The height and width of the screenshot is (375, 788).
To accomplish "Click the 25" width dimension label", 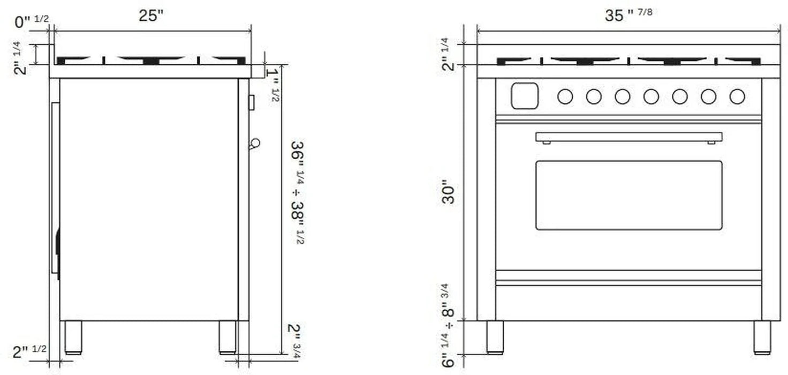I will point(150,16).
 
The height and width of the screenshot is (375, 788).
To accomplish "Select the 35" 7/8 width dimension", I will point(628,14).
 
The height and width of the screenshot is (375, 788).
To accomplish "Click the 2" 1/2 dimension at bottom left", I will point(29,351).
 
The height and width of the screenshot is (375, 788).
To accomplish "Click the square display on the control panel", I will point(525,96).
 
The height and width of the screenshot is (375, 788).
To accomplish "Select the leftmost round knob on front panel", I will point(565,96).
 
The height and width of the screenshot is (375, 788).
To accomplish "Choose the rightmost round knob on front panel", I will point(737,96).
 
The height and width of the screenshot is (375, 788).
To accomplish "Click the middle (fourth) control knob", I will point(651,96).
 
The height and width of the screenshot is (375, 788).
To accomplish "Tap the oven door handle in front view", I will point(628,137).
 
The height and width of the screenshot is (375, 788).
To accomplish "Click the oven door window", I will point(628,195).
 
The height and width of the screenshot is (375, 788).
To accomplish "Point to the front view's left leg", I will point(495,337).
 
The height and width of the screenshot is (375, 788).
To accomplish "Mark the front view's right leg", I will point(762,337).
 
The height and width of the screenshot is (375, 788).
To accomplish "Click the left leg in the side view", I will point(73,337).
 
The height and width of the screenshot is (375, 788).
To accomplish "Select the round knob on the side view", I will point(255,143).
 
